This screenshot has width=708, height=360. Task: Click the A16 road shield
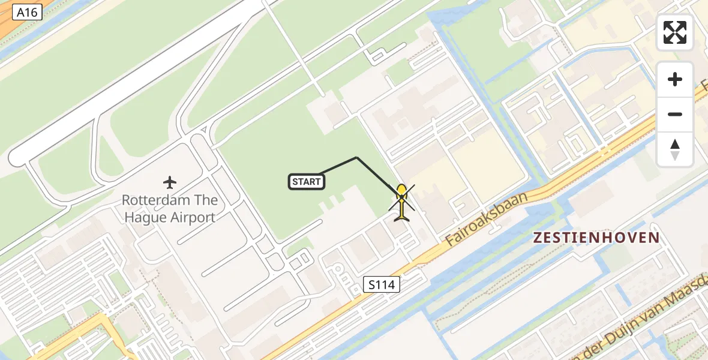[x=27, y=11]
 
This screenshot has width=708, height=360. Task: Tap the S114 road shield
[x=382, y=284]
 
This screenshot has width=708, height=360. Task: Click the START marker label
[x=307, y=182]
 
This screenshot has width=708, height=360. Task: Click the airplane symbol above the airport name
[x=170, y=181]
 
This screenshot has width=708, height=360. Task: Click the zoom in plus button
[x=675, y=79]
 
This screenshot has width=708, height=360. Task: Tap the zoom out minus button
[x=675, y=114]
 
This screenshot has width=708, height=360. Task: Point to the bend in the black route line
[x=357, y=158]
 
